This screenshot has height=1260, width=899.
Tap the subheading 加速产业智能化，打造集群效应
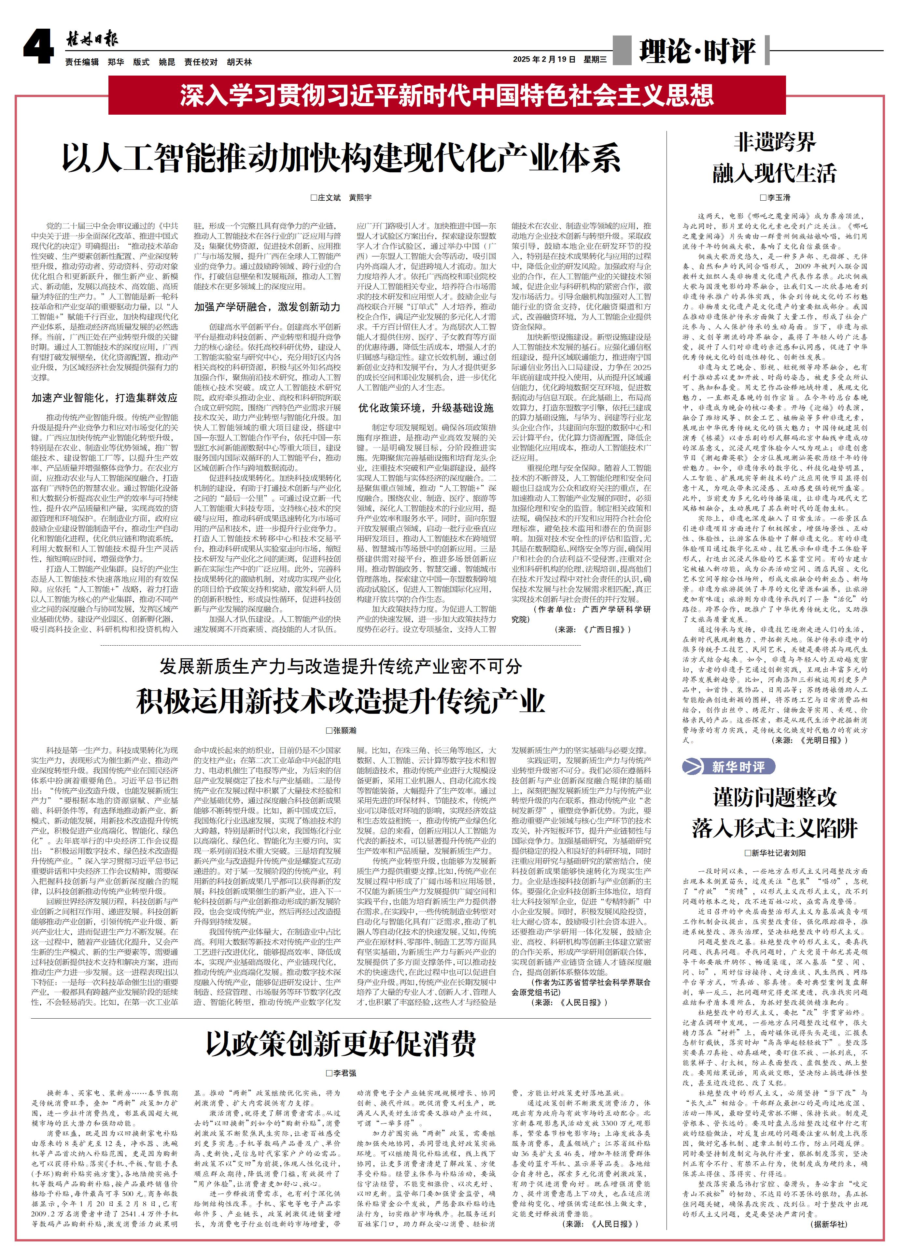105,398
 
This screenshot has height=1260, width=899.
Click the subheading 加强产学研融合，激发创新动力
267,306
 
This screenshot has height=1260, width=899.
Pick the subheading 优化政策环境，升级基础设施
425,408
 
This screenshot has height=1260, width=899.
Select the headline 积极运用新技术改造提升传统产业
341,701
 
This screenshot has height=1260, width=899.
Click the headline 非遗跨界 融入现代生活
774,158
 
